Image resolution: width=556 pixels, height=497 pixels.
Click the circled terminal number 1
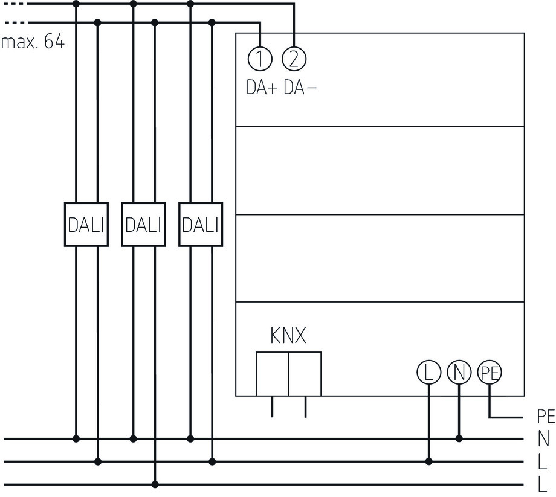click(259, 59)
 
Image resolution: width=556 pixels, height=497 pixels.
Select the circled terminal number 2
click(294, 59)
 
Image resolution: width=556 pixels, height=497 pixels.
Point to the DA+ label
click(261, 88)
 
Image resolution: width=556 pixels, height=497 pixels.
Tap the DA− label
click(299, 88)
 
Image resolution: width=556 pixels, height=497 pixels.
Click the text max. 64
click(33, 43)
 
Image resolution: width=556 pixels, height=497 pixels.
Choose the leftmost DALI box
click(86, 225)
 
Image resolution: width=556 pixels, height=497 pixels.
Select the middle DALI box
click(143, 225)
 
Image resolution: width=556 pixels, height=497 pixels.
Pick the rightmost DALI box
click(201, 225)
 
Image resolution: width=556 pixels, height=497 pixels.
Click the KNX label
click(288, 336)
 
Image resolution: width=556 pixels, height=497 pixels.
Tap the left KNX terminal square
click(272, 373)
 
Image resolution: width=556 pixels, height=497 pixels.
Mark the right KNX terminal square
click(305, 373)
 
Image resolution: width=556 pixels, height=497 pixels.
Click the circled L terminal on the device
click(429, 373)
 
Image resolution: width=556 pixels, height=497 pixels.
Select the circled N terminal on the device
click(459, 373)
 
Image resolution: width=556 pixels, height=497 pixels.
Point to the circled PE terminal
click(490, 373)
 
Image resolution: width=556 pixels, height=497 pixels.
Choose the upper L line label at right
click(543, 462)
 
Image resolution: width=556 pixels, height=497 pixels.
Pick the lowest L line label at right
click(543, 484)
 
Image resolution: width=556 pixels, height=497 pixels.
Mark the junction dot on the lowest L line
click(155, 484)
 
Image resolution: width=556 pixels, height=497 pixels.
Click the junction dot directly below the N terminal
click(459, 438)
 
